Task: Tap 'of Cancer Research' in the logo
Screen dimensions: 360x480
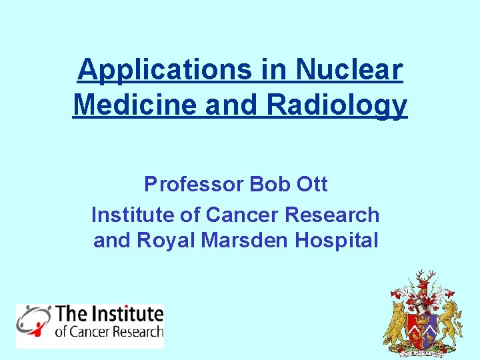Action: point(108,331)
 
